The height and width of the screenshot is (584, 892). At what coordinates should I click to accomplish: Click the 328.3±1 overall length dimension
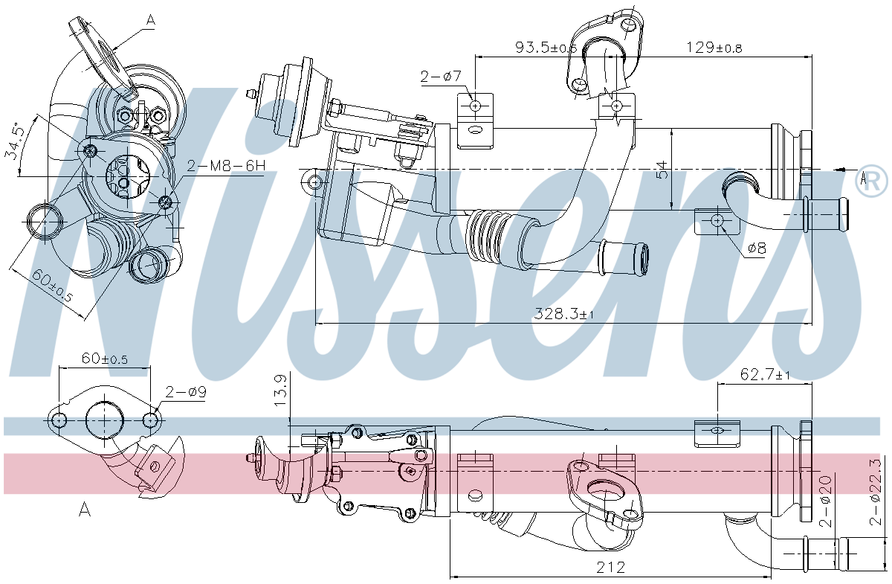565,314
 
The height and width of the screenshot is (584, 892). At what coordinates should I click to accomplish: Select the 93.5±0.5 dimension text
546,48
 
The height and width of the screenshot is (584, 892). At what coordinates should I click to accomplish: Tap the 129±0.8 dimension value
714,48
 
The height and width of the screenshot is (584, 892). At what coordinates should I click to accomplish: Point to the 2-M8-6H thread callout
225,167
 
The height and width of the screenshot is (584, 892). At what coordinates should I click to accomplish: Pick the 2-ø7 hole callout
442,75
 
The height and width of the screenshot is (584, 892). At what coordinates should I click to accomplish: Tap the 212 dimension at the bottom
610,568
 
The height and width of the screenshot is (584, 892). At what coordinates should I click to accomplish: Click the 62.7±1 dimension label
765,375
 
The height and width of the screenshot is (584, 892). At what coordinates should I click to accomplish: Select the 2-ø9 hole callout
186,391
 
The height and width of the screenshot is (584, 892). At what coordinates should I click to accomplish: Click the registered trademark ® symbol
871,181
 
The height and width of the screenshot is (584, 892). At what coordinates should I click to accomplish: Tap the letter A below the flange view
85,510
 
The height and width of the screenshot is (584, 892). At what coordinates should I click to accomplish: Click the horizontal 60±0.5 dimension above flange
104,359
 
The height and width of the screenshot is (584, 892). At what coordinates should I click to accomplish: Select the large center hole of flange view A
106,420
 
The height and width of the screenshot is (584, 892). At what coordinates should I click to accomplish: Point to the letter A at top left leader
150,22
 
